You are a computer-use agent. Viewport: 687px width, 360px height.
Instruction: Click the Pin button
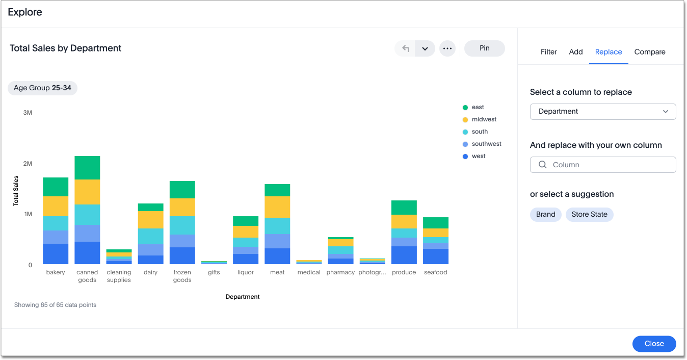coord(484,48)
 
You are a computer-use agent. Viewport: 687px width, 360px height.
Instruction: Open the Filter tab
coord(548,52)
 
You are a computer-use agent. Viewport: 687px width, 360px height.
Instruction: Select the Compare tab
coord(649,52)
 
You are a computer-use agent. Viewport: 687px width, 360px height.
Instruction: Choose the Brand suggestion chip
coord(545,215)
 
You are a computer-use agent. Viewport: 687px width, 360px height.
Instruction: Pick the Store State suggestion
coord(589,215)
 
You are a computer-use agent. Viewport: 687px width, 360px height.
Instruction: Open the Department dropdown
coord(603,112)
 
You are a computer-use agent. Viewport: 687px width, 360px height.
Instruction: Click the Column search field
coord(603,165)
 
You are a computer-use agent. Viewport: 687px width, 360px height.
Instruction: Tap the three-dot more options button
coord(447,48)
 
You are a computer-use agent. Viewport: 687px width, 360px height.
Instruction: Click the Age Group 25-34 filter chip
coord(42,88)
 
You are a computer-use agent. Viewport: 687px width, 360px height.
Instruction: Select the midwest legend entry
coord(484,119)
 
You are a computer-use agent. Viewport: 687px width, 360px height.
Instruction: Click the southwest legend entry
coord(486,144)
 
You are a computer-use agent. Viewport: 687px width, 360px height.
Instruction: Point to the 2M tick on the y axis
coord(28,164)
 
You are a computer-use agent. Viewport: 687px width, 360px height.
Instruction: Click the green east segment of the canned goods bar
coord(87,168)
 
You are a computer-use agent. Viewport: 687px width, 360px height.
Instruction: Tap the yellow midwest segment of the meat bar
coord(277,207)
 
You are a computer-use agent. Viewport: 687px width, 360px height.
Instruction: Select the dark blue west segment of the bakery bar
coord(56,254)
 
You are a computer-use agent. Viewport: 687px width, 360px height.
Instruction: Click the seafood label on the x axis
coord(435,272)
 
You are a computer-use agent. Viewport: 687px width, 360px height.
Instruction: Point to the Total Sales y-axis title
coord(16,191)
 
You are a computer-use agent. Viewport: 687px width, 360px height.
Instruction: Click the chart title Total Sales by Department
coord(66,48)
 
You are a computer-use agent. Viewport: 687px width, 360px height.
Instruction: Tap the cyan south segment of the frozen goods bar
coord(182,225)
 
